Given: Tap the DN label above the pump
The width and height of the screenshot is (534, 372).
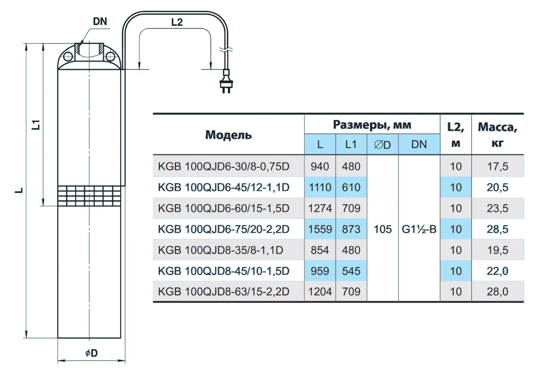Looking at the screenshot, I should click(101, 21).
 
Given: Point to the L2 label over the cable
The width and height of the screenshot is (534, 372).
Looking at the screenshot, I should click(177, 22).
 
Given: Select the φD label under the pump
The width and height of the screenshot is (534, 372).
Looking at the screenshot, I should click(91, 353).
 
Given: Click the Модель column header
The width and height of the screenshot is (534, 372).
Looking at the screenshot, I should click(228, 135).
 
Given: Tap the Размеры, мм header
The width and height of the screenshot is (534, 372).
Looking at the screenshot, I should click(372, 125).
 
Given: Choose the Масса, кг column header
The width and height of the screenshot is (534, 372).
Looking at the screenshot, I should click(498, 134).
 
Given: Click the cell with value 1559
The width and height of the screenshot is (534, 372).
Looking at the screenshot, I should click(320, 229).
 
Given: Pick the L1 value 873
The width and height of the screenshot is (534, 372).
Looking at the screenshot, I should click(351, 229).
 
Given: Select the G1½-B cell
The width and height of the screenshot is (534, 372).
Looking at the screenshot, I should click(419, 229).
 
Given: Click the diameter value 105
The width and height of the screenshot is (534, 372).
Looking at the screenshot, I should click(383, 229).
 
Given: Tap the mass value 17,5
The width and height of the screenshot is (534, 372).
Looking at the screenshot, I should click(498, 166).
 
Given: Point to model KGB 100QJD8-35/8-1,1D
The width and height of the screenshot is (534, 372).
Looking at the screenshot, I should click(220, 250).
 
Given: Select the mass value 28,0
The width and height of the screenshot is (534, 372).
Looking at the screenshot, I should click(498, 292).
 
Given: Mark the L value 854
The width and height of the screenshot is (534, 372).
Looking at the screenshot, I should click(320, 250).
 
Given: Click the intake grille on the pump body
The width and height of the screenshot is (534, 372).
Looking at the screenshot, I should click(89, 195).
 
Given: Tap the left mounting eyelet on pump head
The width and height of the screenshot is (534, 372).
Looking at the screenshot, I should click(68, 57).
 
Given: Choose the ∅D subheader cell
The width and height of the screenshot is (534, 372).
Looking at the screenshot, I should click(383, 145).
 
